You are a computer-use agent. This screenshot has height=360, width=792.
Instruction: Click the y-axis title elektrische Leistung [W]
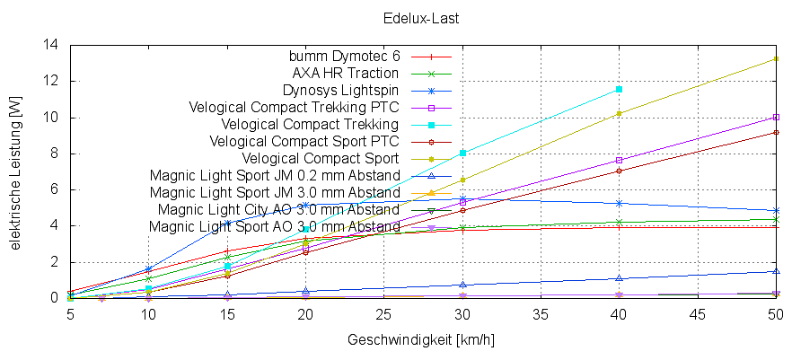click(x=16, y=171)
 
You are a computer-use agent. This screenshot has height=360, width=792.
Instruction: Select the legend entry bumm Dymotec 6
click(x=346, y=57)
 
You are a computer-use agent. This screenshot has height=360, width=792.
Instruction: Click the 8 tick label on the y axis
click(x=55, y=154)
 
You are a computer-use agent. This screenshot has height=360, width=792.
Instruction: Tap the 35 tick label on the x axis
click(x=541, y=315)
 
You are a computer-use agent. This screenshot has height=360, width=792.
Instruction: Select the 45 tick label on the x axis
click(x=698, y=315)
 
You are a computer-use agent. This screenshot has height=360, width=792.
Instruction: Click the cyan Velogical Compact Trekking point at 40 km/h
click(x=620, y=89)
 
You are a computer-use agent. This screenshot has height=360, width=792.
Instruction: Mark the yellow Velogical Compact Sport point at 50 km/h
click(x=776, y=59)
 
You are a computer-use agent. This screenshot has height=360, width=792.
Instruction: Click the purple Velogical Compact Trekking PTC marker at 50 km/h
click(x=776, y=117)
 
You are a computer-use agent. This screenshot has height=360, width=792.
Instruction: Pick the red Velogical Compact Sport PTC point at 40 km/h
click(x=620, y=171)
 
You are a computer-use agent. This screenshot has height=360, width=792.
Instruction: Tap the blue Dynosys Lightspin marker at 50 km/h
click(x=776, y=210)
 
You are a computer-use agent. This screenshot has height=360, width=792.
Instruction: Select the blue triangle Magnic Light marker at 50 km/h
click(x=776, y=271)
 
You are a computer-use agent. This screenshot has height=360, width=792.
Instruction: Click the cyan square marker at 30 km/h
click(x=462, y=153)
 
